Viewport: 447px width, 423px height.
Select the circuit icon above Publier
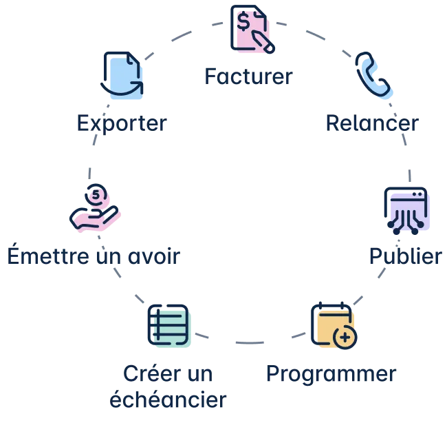pyautogui.click(x=406, y=208)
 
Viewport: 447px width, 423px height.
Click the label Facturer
pyautogui.click(x=248, y=76)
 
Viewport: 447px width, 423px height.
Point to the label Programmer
pyautogui.click(x=331, y=375)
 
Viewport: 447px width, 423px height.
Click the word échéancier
pyautogui.click(x=169, y=398)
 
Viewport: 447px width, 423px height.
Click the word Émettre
pyautogui.click(x=38, y=256)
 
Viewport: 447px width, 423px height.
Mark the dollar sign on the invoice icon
pyautogui.click(x=243, y=22)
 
